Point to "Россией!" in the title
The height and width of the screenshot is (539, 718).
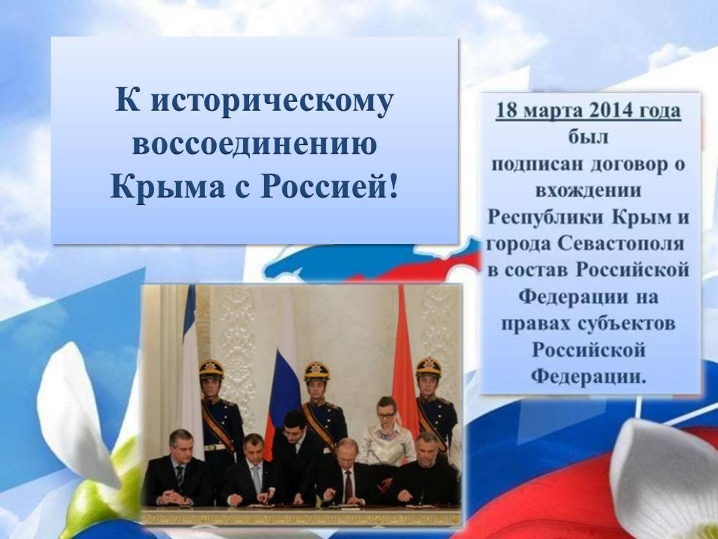coord(328,188)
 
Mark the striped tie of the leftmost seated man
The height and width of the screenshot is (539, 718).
coord(179,477)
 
